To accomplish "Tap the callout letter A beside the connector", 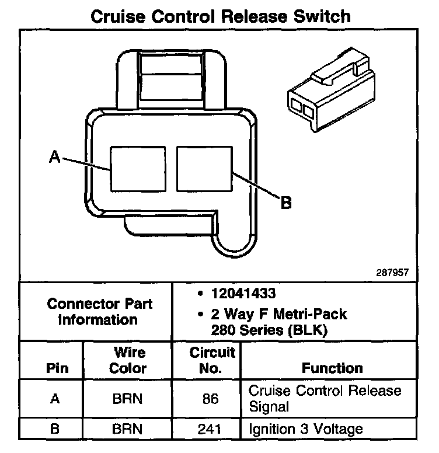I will coord(54,156).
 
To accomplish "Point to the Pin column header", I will coord(57,368).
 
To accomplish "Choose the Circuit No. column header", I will coord(212,361).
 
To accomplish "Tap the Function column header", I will coord(332,368).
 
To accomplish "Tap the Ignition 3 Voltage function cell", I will coord(306,430).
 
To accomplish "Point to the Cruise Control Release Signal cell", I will coord(325,398).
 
